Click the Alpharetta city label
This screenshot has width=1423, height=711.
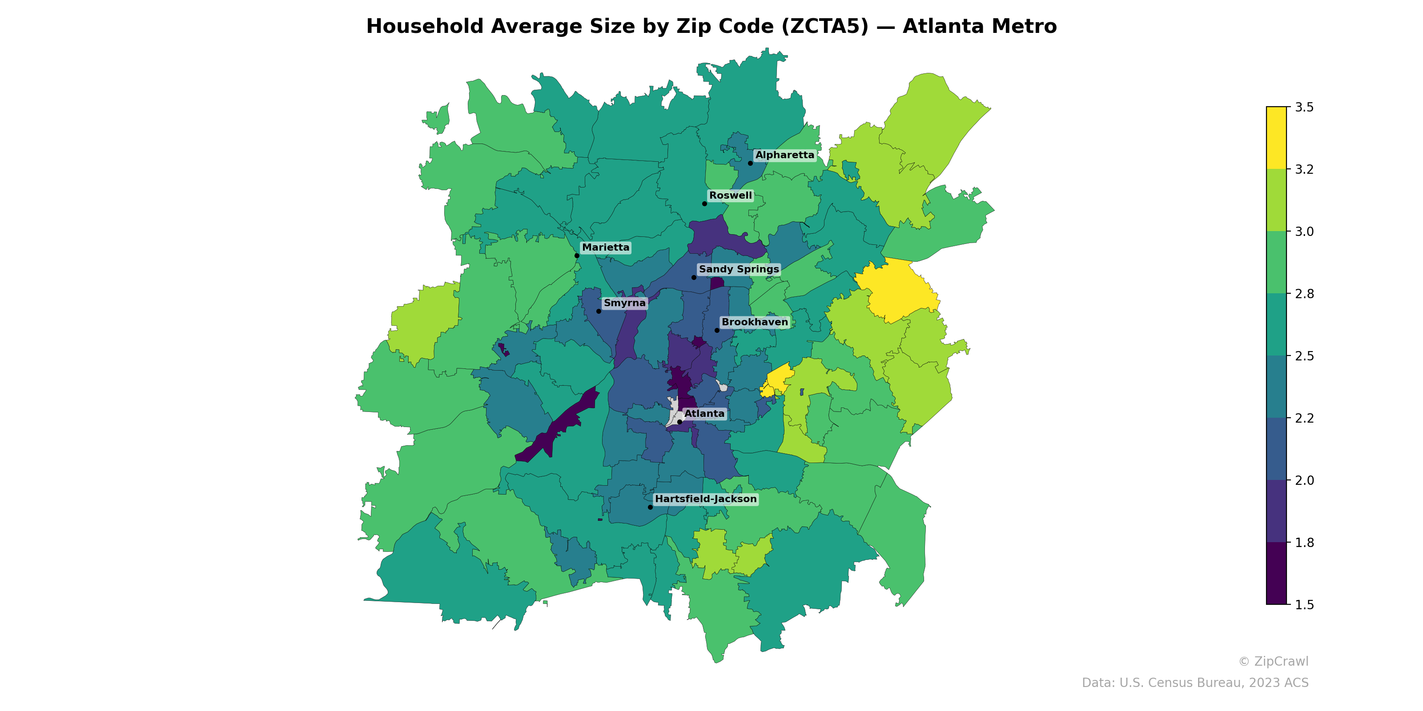click(784, 155)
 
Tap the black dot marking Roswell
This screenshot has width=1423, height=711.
click(704, 204)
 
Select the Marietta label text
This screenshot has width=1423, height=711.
click(605, 248)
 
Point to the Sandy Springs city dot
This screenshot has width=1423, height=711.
click(694, 277)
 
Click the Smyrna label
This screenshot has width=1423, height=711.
click(624, 303)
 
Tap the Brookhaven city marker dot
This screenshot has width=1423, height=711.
click(717, 330)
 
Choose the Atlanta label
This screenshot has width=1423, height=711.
click(704, 413)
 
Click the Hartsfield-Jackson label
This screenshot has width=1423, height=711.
click(705, 499)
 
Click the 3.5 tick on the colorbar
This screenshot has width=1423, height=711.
click(1304, 107)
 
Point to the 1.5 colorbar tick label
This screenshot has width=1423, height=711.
click(1304, 605)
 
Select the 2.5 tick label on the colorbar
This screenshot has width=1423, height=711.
click(1304, 356)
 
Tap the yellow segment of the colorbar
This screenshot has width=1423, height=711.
click(1276, 138)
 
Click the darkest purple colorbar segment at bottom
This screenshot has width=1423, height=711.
click(1276, 574)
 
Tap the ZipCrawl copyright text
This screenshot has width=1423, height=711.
click(1273, 661)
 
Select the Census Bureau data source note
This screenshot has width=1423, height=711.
click(1195, 683)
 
